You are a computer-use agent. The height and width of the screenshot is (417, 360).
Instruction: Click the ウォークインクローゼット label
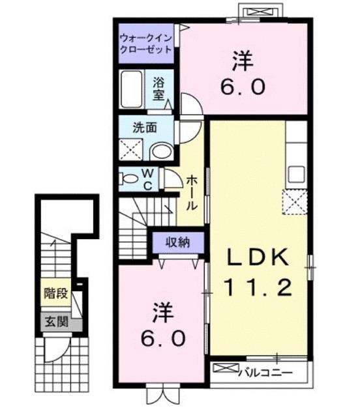[x=145, y=44]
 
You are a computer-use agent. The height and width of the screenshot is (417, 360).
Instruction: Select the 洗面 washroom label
[x=145, y=128]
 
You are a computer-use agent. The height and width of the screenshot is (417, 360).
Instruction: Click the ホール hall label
[x=192, y=192]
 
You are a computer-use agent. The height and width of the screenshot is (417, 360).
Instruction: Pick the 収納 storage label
[x=177, y=243]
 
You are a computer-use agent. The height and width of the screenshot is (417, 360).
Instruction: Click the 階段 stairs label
[x=56, y=294]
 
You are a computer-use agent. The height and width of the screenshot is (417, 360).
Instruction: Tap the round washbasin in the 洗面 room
[x=160, y=152]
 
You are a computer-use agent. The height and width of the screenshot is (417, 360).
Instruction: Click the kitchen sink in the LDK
[x=295, y=175]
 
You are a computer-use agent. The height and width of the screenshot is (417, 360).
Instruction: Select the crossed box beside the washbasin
[x=132, y=149]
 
